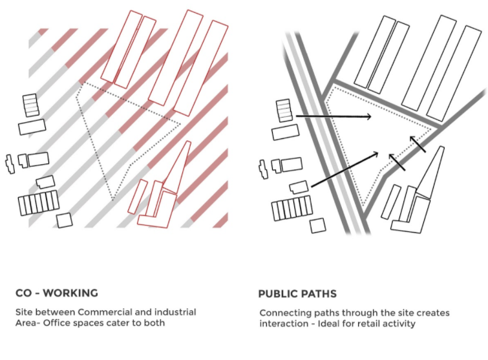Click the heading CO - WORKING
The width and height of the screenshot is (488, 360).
[57, 293]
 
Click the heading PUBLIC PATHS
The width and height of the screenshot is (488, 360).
[297, 293]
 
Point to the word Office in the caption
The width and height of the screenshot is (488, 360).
[54, 323]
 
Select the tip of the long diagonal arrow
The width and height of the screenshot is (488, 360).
[378, 153]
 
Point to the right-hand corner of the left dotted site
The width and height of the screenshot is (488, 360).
[180, 125]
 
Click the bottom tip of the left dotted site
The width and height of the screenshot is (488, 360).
[113, 200]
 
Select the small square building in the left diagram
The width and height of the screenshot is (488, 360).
[65, 220]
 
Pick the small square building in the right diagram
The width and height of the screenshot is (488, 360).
[318, 226]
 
